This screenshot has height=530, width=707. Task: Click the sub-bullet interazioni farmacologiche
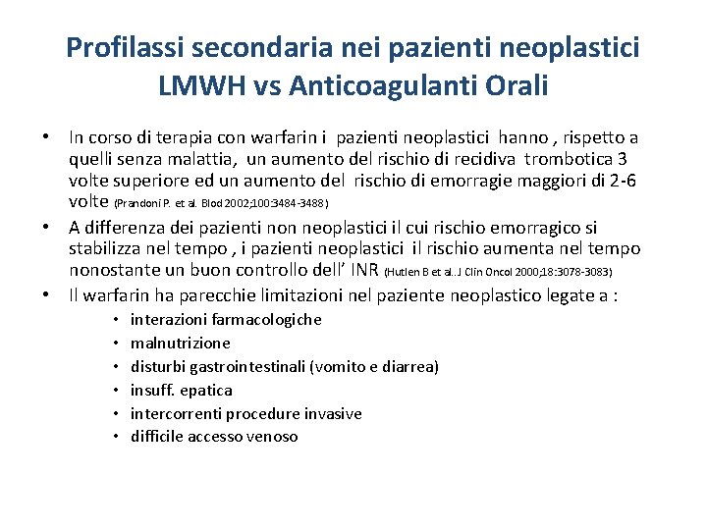(x=226, y=320)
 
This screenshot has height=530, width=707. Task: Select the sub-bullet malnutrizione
(x=181, y=344)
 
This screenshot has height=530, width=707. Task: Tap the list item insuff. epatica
(x=182, y=391)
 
